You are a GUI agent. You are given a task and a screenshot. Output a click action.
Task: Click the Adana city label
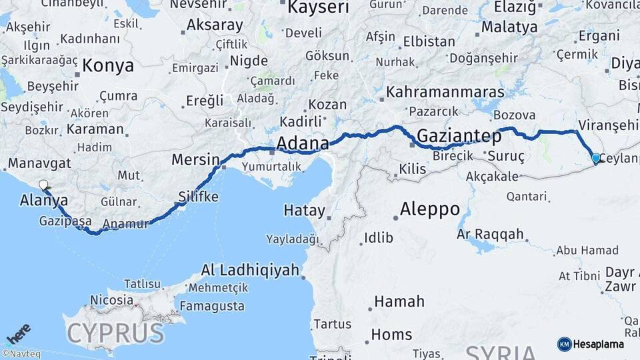pyautogui.click(x=302, y=143)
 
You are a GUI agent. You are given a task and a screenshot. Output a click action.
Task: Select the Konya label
pyautogui.click(x=109, y=66)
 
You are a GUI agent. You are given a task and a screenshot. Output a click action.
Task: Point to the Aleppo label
pyautogui.click(x=429, y=209)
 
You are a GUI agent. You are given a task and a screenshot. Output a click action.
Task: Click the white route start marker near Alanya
pyautogui.click(x=44, y=185)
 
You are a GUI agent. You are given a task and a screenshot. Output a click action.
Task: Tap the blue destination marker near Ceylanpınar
pyautogui.click(x=596, y=158)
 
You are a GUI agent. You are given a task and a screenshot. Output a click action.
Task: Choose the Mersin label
pyautogui.click(x=195, y=160)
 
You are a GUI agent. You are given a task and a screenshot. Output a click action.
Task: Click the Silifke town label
pyautogui.click(x=198, y=197)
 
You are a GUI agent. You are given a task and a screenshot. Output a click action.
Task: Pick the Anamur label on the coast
pyautogui.click(x=127, y=224)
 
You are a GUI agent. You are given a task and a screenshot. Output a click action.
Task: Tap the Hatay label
pyautogui.click(x=304, y=211)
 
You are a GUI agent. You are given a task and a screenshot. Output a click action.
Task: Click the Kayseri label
pyautogui.click(x=318, y=8)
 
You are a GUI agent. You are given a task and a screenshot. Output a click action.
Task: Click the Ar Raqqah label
pyautogui.click(x=491, y=235)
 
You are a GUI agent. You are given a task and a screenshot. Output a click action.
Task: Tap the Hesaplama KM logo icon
pyautogui.click(x=564, y=344)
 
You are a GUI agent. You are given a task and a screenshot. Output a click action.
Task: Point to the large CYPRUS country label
pyautogui.click(x=115, y=331)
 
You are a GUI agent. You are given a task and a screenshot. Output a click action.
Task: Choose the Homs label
pyautogui.click(x=391, y=335)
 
